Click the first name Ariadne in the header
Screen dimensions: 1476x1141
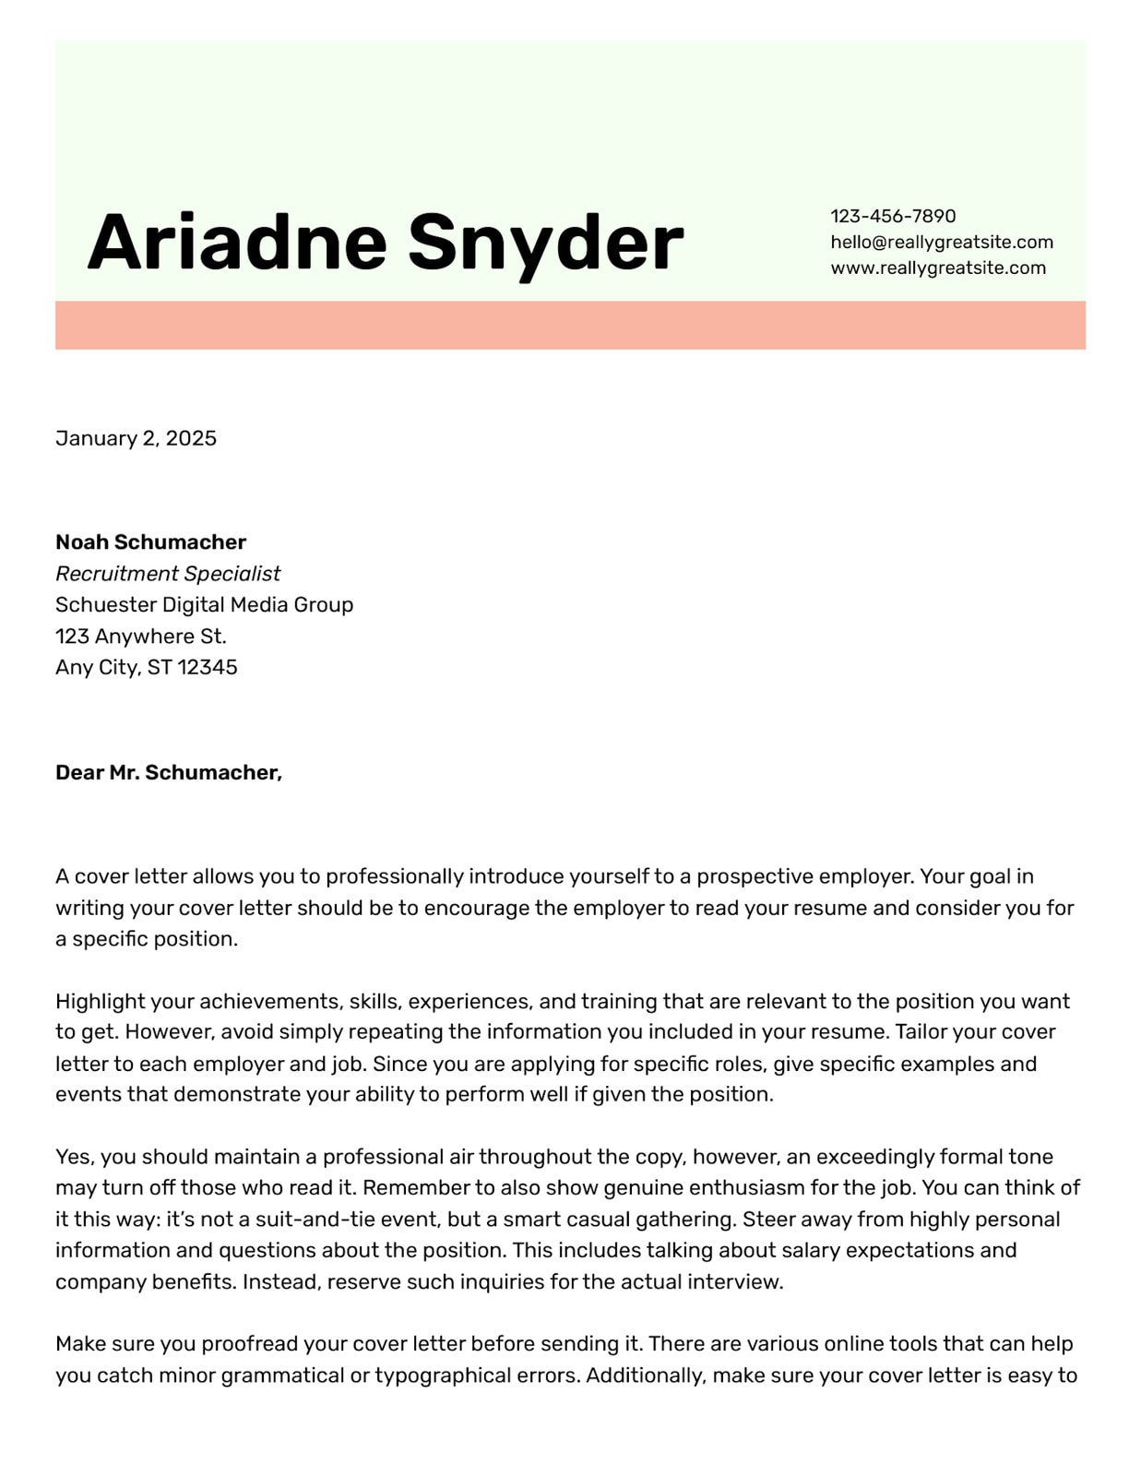click(236, 242)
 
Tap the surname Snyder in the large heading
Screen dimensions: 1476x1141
click(545, 242)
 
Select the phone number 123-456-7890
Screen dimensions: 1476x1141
click(893, 216)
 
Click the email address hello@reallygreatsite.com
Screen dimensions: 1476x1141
click(941, 242)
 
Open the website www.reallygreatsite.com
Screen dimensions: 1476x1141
click(937, 268)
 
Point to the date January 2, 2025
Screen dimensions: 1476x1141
click(136, 438)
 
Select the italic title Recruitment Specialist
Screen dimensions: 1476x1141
click(168, 573)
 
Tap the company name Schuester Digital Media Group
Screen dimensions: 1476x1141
click(204, 604)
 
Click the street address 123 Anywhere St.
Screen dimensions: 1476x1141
click(140, 636)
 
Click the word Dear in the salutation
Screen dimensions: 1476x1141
click(79, 772)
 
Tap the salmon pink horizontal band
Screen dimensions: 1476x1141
click(570, 325)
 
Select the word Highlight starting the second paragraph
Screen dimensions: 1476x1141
click(100, 1001)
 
